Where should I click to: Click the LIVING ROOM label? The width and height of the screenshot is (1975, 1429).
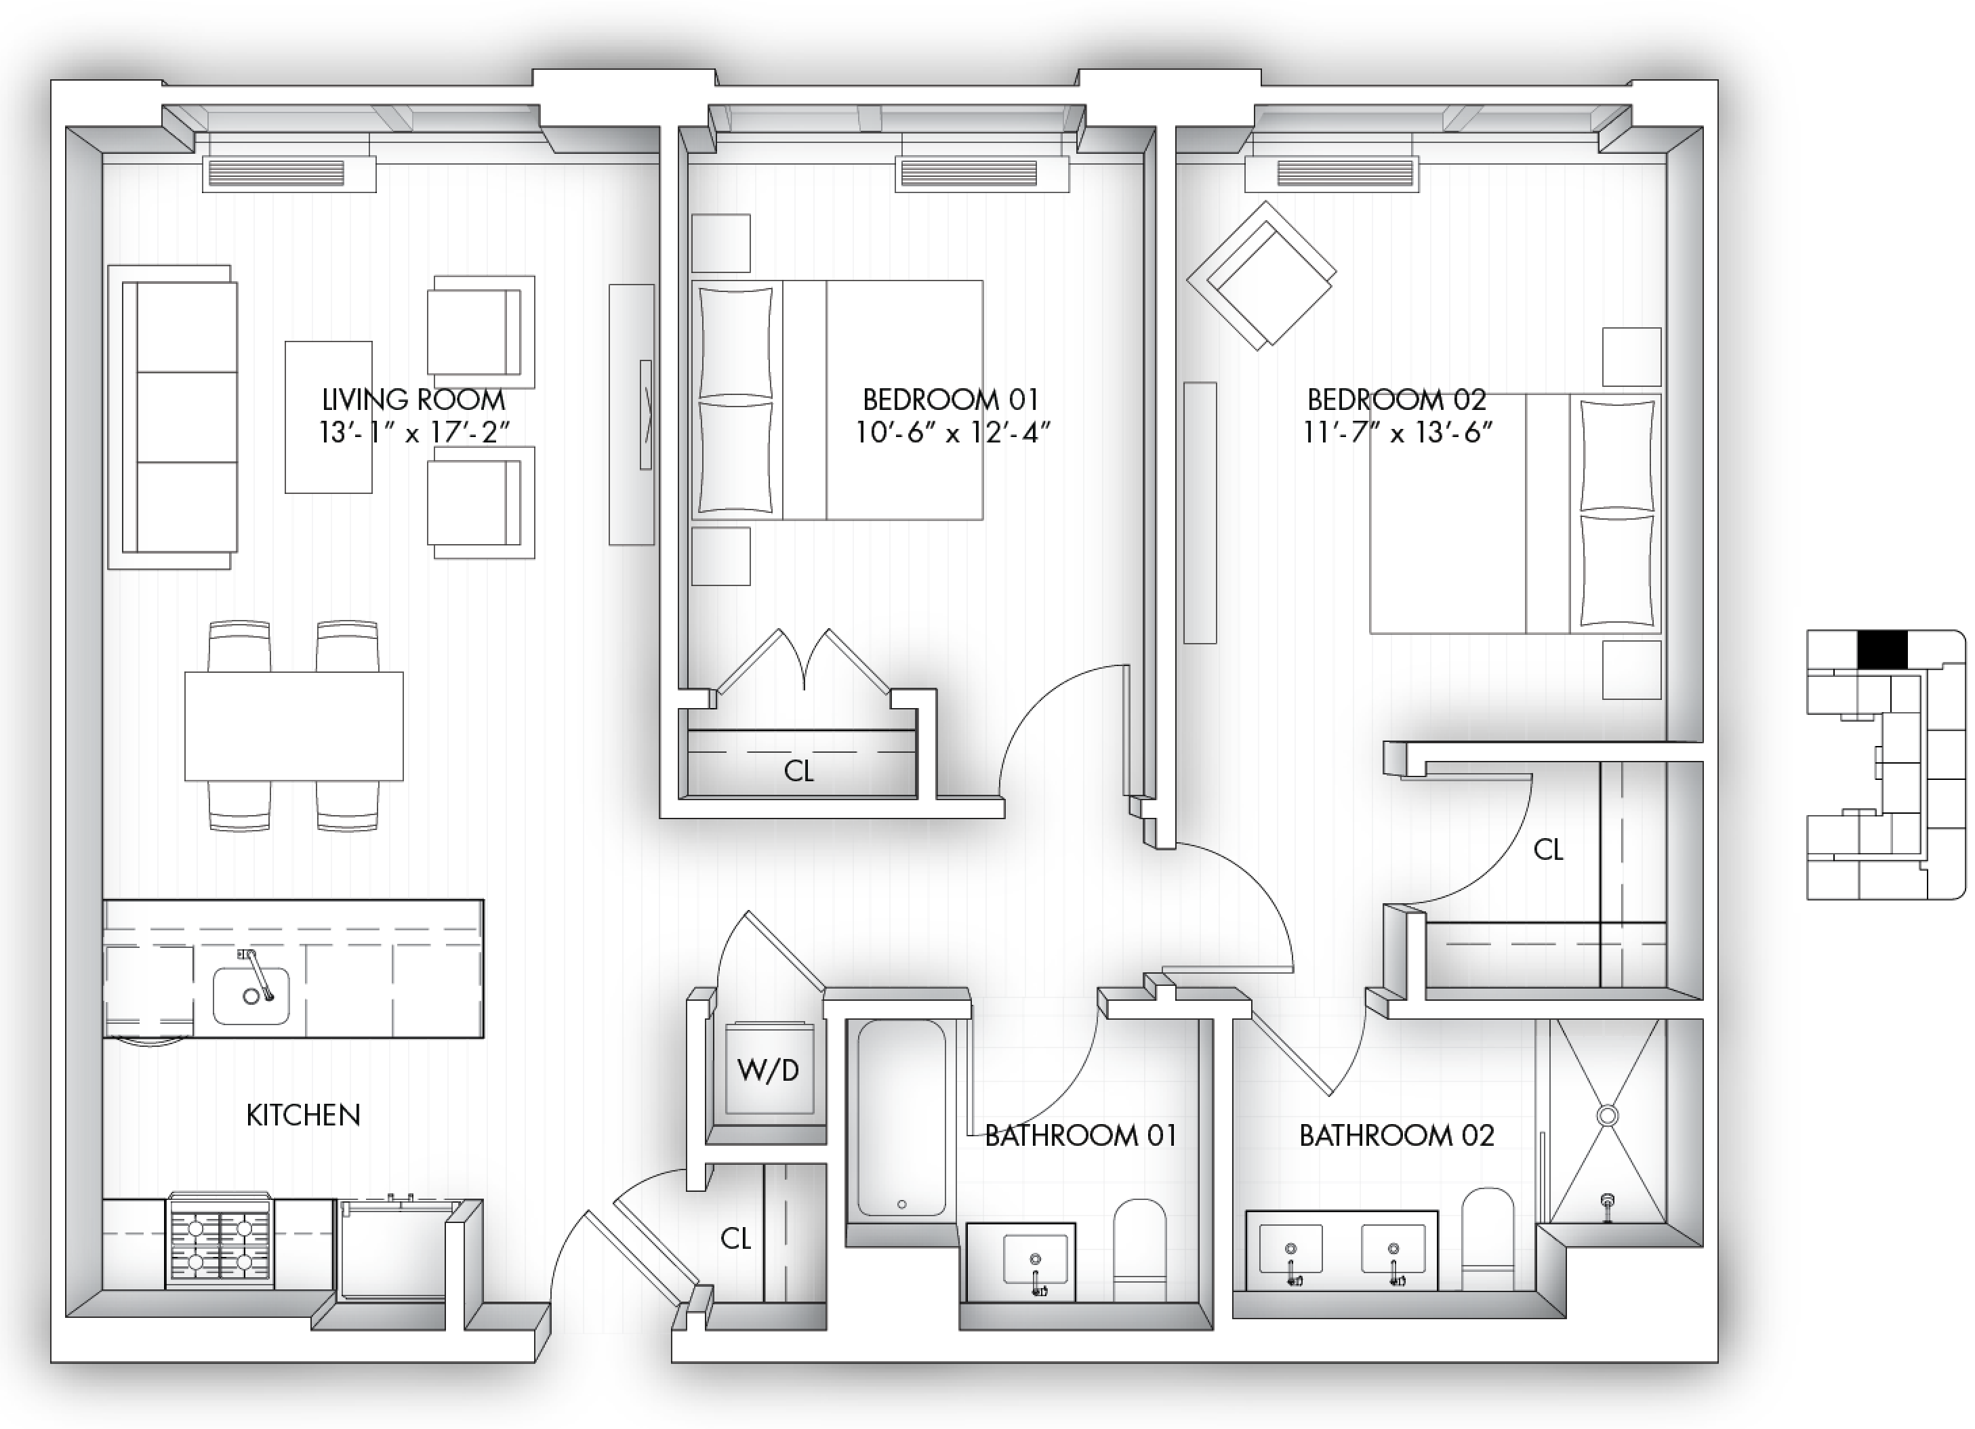pos(413,400)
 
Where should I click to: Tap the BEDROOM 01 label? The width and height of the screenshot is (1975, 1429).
pos(951,400)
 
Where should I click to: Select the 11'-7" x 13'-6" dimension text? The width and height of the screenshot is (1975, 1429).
pos(1398,432)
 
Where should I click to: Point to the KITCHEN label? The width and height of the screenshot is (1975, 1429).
pos(303,1115)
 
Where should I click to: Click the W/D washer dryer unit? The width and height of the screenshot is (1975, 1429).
pos(770,1069)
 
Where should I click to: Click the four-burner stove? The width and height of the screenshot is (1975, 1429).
pos(220,1240)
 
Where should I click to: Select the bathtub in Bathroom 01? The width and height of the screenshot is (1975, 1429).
pos(901,1119)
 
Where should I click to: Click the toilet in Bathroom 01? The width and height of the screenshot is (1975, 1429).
pos(1140,1251)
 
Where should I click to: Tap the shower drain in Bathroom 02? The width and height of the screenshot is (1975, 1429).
pos(1608,1115)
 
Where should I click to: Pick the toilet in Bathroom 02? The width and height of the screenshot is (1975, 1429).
pos(1488,1239)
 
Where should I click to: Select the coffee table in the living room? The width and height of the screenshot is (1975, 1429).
pos(328,417)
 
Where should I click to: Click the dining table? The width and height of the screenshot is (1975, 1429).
pos(294,726)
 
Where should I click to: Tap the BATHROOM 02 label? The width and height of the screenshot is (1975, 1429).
pos(1397,1136)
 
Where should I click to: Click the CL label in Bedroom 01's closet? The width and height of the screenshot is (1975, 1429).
pos(798,770)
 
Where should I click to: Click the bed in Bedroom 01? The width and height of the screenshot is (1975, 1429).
pos(838,400)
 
